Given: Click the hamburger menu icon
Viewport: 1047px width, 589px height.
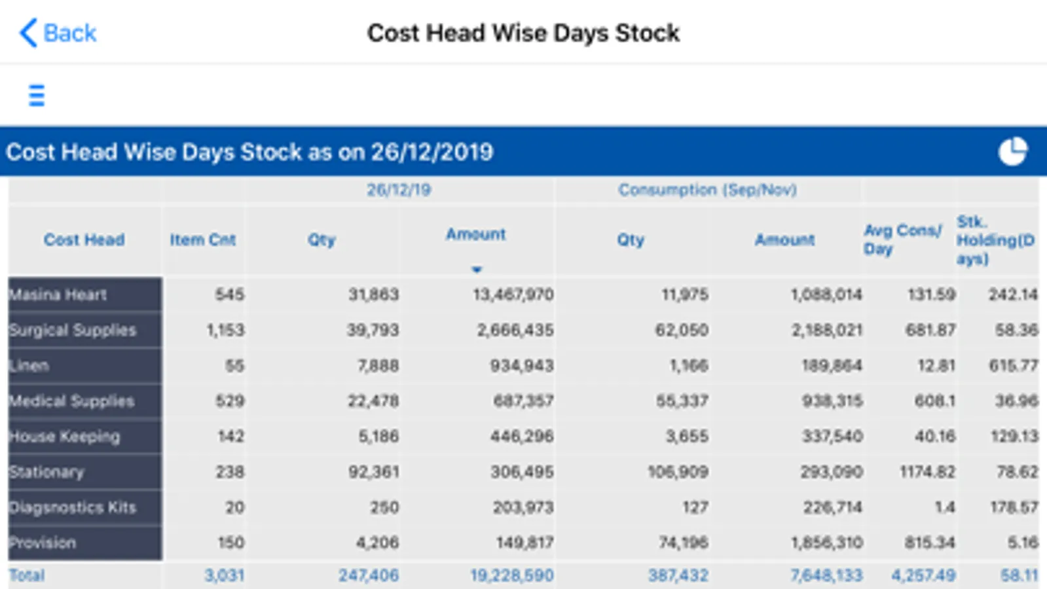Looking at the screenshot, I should click(37, 96).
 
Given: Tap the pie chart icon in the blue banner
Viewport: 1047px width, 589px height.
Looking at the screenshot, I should click(1012, 152).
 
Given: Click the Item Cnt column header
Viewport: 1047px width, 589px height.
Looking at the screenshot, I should click(202, 240).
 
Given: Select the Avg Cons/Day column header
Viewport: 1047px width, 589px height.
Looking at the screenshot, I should click(902, 240).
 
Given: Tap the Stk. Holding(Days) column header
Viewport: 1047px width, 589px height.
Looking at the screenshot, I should click(995, 240).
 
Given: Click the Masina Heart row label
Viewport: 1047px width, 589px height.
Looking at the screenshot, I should click(58, 295).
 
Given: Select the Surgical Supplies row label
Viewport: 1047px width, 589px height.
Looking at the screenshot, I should click(73, 330).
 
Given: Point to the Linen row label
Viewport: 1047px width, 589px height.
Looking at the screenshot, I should click(29, 366).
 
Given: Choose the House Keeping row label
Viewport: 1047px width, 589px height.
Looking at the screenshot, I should click(65, 437).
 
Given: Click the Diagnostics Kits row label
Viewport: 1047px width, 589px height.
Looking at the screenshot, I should click(73, 507).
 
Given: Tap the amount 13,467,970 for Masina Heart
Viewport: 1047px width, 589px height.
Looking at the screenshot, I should click(513, 295).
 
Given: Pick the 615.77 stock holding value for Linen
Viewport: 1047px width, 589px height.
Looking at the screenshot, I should click(1013, 366).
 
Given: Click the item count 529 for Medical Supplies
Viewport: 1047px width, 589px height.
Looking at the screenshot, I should click(230, 401).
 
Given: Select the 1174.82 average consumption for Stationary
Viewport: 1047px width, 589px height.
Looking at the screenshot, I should click(927, 472).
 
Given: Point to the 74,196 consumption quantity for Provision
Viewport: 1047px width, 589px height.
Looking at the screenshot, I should click(683, 543).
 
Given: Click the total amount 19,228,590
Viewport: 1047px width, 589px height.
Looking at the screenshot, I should click(511, 576).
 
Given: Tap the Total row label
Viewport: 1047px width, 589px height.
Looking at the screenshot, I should click(27, 576).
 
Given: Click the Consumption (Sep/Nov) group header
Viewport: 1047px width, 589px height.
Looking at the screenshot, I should click(707, 190).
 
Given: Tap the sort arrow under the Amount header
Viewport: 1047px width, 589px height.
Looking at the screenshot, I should click(477, 269).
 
